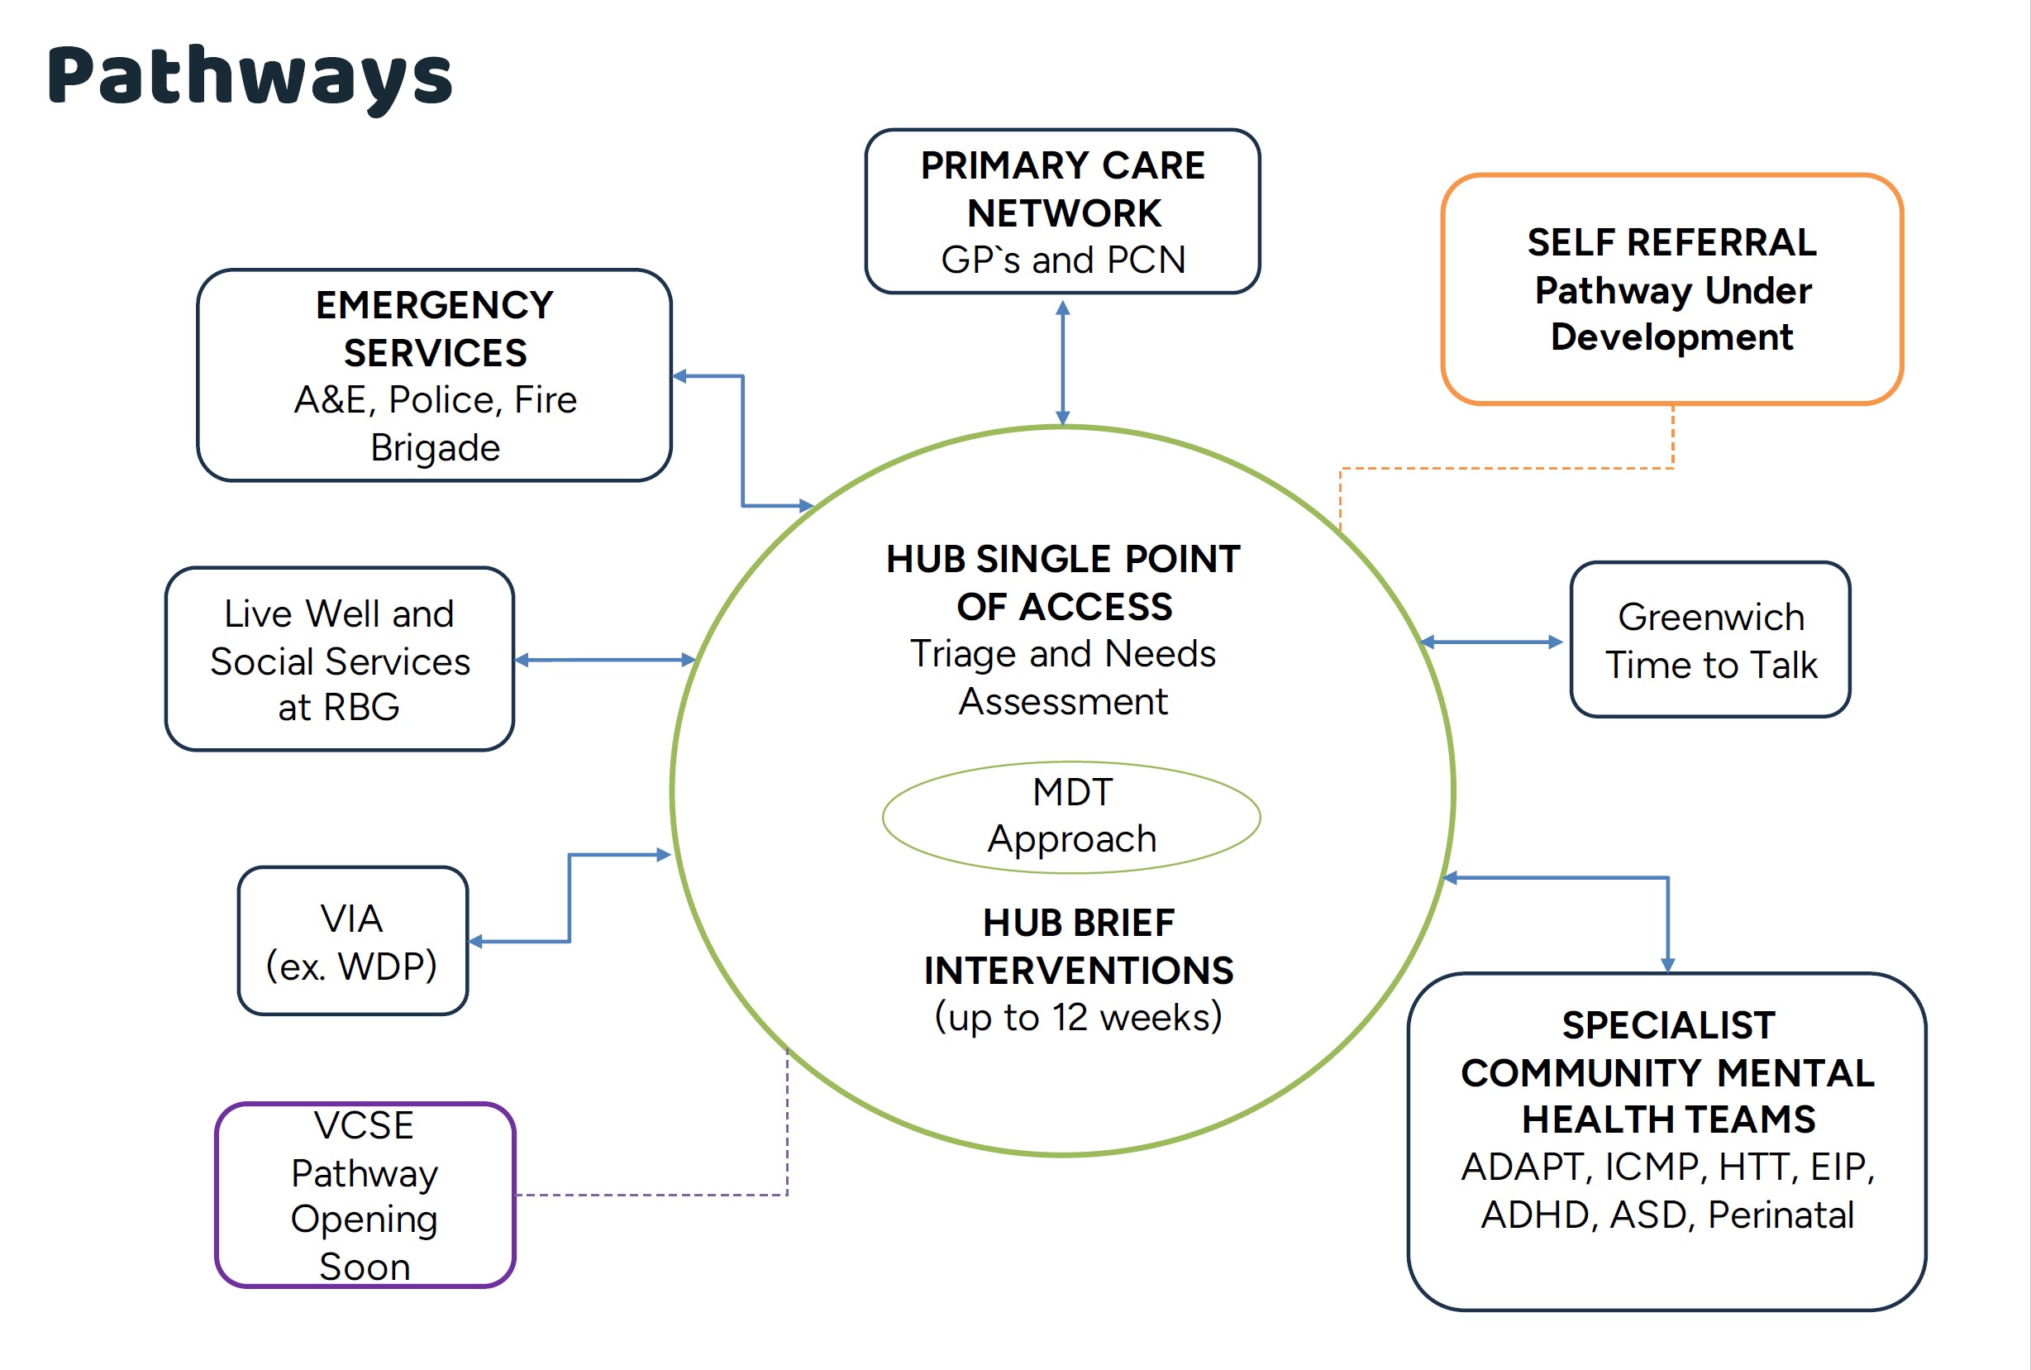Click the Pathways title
point(250,77)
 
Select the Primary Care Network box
point(1062,212)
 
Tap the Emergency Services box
point(434,375)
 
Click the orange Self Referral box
point(1671,289)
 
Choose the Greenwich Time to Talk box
point(1709,640)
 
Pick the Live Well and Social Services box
point(339,659)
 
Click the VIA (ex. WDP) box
point(352,941)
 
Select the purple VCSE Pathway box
point(365,1195)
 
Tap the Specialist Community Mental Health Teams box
point(1666,1141)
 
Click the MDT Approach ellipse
point(1071,816)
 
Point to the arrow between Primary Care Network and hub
point(1062,363)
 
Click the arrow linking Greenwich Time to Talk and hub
point(1491,642)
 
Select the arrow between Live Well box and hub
point(604,660)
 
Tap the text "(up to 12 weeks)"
point(1078,1017)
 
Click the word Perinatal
point(1781,1215)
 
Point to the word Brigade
point(435,447)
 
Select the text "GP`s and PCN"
point(1062,260)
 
